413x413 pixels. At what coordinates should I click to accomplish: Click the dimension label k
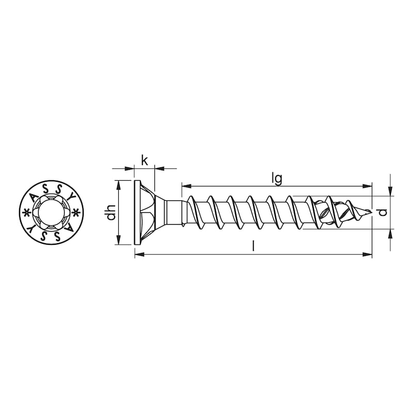(145, 161)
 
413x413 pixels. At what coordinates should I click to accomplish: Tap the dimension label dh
(110, 213)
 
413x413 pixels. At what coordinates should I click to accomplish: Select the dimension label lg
(277, 178)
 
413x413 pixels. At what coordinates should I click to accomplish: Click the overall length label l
(253, 246)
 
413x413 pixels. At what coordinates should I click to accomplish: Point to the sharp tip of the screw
(371, 212)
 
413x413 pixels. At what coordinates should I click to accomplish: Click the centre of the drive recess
(50, 212)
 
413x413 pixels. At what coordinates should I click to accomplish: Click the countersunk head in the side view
(147, 212)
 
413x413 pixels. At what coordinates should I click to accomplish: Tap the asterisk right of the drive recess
(75, 212)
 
